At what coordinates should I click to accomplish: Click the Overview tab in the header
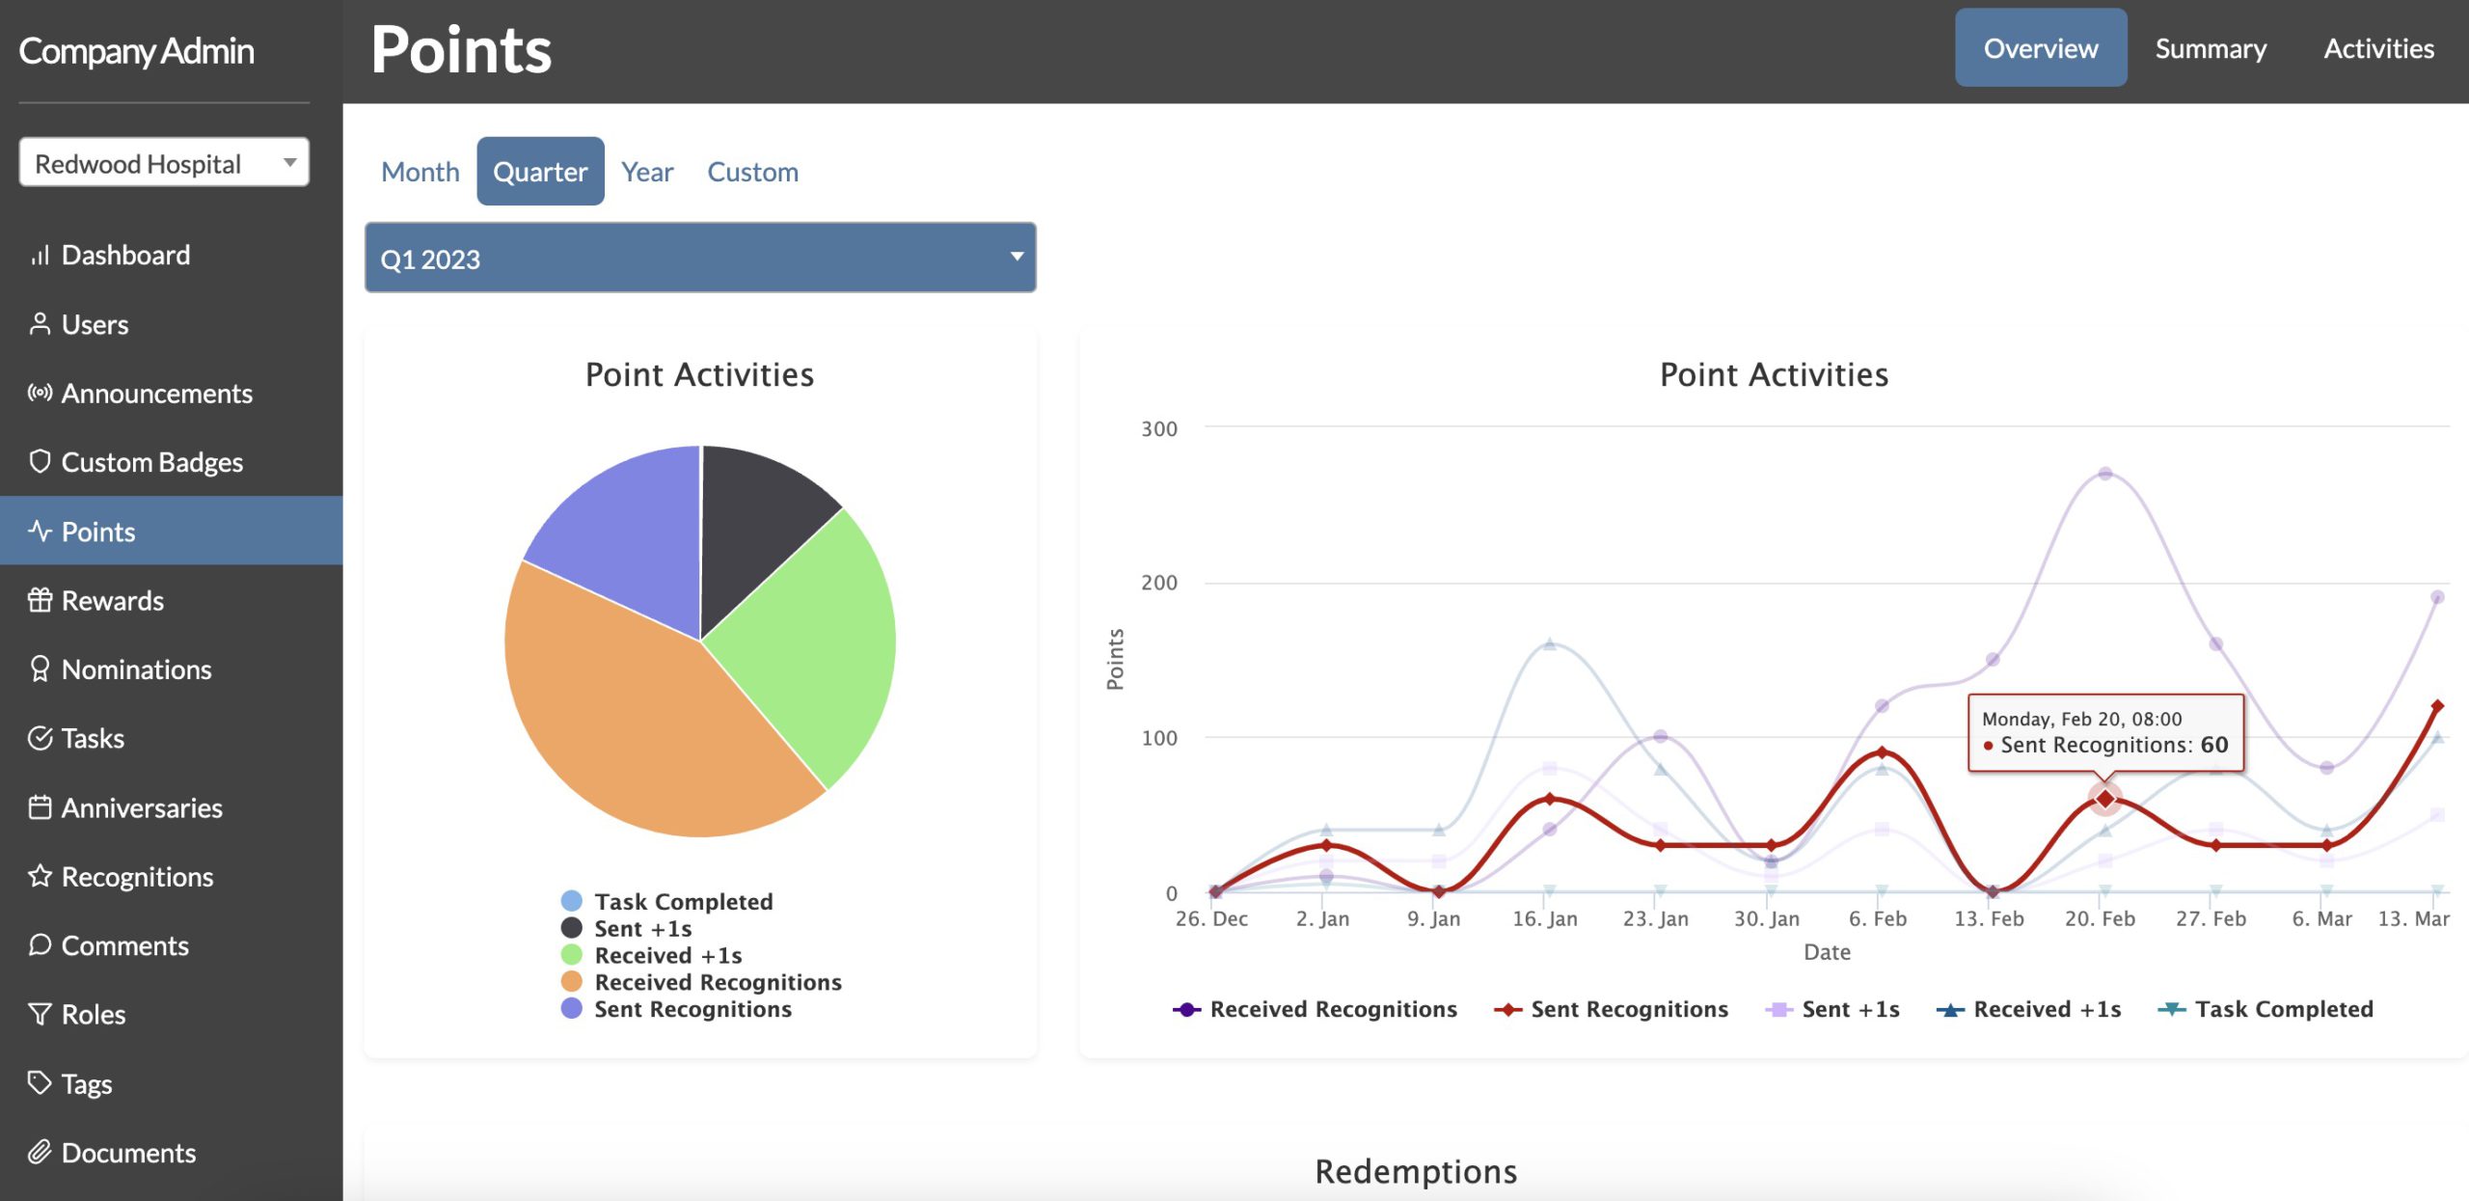point(2040,48)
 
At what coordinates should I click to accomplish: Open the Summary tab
point(2211,48)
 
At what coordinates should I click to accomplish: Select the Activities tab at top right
point(2378,48)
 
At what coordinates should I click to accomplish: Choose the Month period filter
point(421,172)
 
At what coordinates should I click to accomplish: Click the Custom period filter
point(752,172)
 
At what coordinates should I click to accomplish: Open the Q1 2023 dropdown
point(700,258)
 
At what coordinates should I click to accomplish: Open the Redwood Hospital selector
point(164,163)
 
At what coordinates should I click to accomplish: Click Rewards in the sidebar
point(112,600)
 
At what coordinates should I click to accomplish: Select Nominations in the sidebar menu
point(136,669)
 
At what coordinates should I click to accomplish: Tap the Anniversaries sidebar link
point(142,807)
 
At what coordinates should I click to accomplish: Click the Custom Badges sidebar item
point(151,462)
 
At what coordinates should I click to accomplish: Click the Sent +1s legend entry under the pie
point(642,928)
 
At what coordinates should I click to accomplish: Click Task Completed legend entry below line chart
point(2283,1009)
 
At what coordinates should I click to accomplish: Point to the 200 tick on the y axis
point(1158,583)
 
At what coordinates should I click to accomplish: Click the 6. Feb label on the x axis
point(1877,919)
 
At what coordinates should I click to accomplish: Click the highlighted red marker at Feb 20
point(2104,799)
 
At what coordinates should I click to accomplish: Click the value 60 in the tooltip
point(2213,745)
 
